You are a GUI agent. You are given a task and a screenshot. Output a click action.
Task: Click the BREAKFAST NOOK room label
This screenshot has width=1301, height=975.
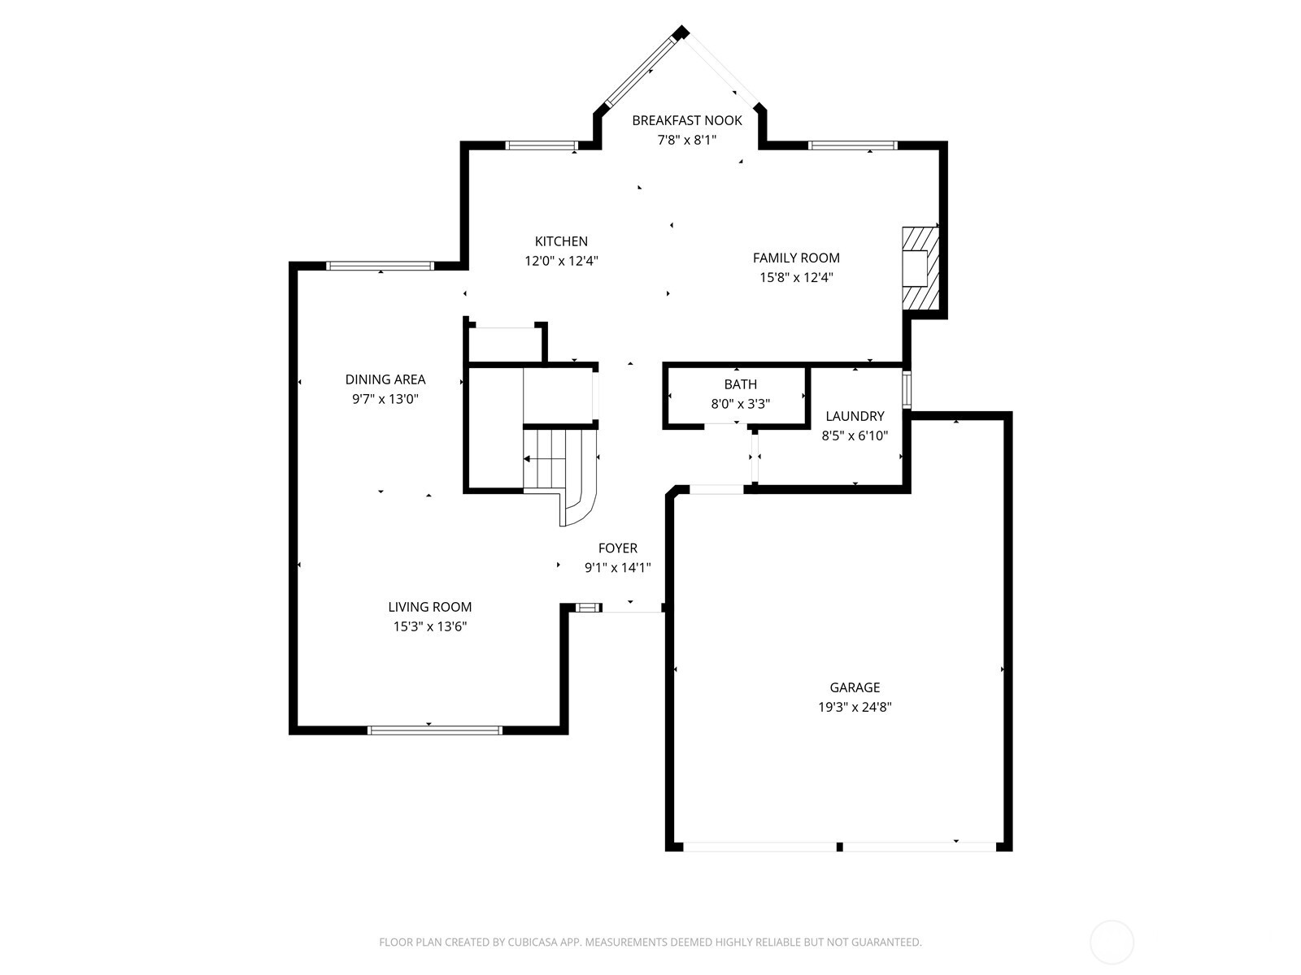(687, 120)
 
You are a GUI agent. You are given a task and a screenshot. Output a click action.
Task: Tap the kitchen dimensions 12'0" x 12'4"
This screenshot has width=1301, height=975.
(561, 261)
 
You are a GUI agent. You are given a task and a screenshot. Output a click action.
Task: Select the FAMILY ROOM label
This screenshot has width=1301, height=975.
(796, 258)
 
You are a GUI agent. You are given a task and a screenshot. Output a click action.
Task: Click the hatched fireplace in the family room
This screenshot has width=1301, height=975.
(920, 268)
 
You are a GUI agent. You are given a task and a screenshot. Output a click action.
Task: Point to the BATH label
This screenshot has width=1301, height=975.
(740, 384)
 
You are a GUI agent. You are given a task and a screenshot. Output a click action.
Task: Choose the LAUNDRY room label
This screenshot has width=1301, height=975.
(855, 416)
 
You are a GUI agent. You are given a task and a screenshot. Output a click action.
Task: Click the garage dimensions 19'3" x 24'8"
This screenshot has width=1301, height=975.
(855, 707)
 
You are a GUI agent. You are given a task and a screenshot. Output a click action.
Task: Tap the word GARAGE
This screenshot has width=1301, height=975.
(855, 687)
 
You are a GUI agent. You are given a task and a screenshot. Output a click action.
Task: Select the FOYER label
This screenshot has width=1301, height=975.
(618, 548)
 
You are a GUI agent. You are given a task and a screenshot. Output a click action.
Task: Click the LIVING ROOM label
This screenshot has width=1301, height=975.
(429, 607)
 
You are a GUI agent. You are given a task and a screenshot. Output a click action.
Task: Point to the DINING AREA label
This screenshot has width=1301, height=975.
(385, 379)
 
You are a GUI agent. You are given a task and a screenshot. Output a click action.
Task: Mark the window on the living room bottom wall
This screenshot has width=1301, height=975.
(435, 730)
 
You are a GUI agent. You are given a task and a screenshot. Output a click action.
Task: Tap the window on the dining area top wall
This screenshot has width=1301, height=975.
(380, 266)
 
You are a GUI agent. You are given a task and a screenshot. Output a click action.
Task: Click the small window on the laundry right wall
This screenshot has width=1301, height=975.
(907, 389)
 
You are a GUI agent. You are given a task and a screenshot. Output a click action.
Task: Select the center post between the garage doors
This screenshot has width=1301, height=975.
(839, 847)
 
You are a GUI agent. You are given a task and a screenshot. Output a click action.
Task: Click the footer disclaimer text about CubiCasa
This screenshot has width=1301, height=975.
(650, 942)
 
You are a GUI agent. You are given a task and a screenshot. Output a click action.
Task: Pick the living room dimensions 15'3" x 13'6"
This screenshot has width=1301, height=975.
(429, 626)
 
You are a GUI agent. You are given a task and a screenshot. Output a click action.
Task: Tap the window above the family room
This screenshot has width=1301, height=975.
(852, 145)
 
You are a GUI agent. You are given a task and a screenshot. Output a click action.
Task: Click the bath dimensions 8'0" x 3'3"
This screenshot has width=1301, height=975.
(740, 404)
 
